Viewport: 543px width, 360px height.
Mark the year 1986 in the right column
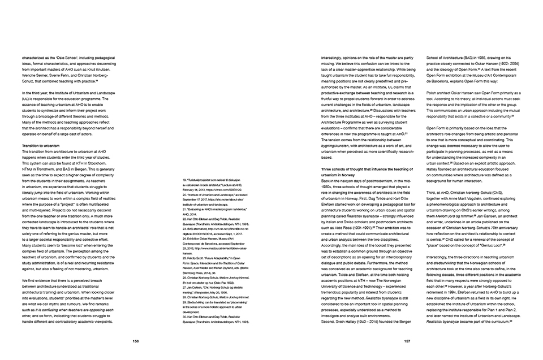click(478, 58)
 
